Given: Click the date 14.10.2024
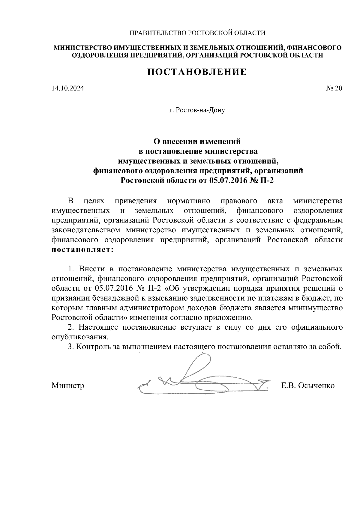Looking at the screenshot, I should pyautogui.click(x=67, y=88).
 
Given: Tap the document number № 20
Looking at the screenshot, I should pyautogui.click(x=334, y=88).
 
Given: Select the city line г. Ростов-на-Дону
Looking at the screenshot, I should pyautogui.click(x=197, y=110).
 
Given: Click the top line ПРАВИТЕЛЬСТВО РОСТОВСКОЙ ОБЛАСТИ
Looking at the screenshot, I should pyautogui.click(x=197, y=33).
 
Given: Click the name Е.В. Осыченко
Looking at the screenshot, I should pyautogui.click(x=308, y=385).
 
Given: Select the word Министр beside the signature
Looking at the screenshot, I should pyautogui.click(x=68, y=385).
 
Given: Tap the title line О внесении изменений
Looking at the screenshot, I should pyautogui.click(x=197, y=141).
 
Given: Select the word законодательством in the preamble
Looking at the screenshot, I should pyautogui.click(x=86, y=230).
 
